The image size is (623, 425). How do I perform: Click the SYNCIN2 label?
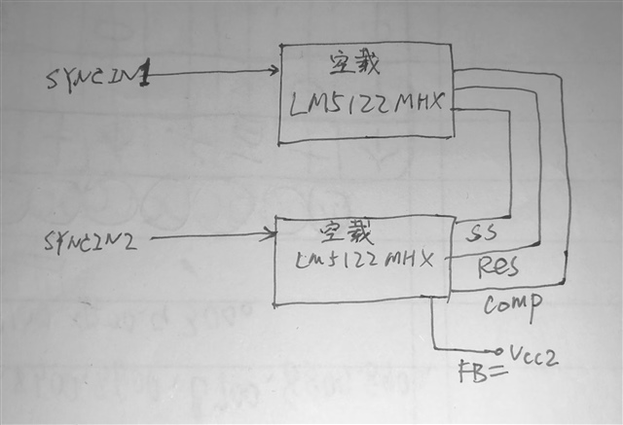pyautogui.click(x=90, y=240)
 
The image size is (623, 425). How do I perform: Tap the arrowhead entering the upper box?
pyautogui.click(x=274, y=70)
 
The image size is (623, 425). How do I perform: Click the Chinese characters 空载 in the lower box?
pyautogui.click(x=340, y=233)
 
